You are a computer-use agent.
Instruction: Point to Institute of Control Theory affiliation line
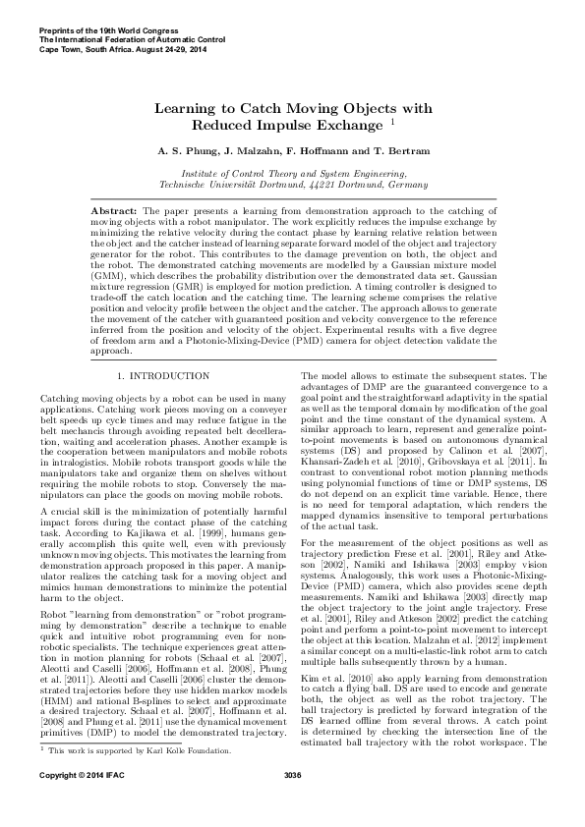tap(292, 172)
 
